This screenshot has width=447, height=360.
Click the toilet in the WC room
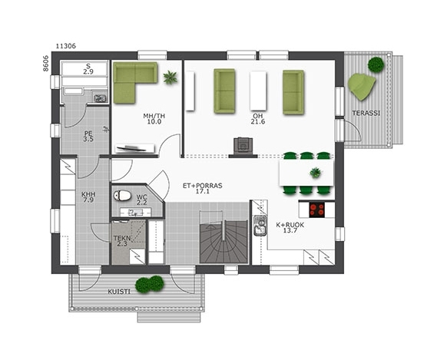[x=122, y=196]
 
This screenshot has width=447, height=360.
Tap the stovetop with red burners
[x=316, y=210]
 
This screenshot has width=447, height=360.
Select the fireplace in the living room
[x=243, y=147]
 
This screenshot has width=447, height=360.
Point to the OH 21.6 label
[x=258, y=119]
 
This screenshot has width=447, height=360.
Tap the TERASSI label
[x=366, y=113]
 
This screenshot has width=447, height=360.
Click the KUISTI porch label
[x=119, y=292]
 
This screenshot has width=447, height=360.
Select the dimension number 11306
[x=66, y=46]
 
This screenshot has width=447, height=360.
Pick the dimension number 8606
[x=46, y=63]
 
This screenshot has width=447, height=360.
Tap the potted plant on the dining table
[x=316, y=173]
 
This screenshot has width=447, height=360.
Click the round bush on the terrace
[x=376, y=64]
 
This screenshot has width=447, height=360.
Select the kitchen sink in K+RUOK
[x=260, y=226]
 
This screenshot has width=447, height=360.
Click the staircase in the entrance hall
[x=223, y=238]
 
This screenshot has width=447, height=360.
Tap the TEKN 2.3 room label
[x=122, y=241]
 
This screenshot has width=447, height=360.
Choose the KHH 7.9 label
[x=88, y=197]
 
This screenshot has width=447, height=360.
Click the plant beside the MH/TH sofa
[x=171, y=78]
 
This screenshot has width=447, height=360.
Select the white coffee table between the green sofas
[x=258, y=91]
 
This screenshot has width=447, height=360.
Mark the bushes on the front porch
[x=150, y=284]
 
